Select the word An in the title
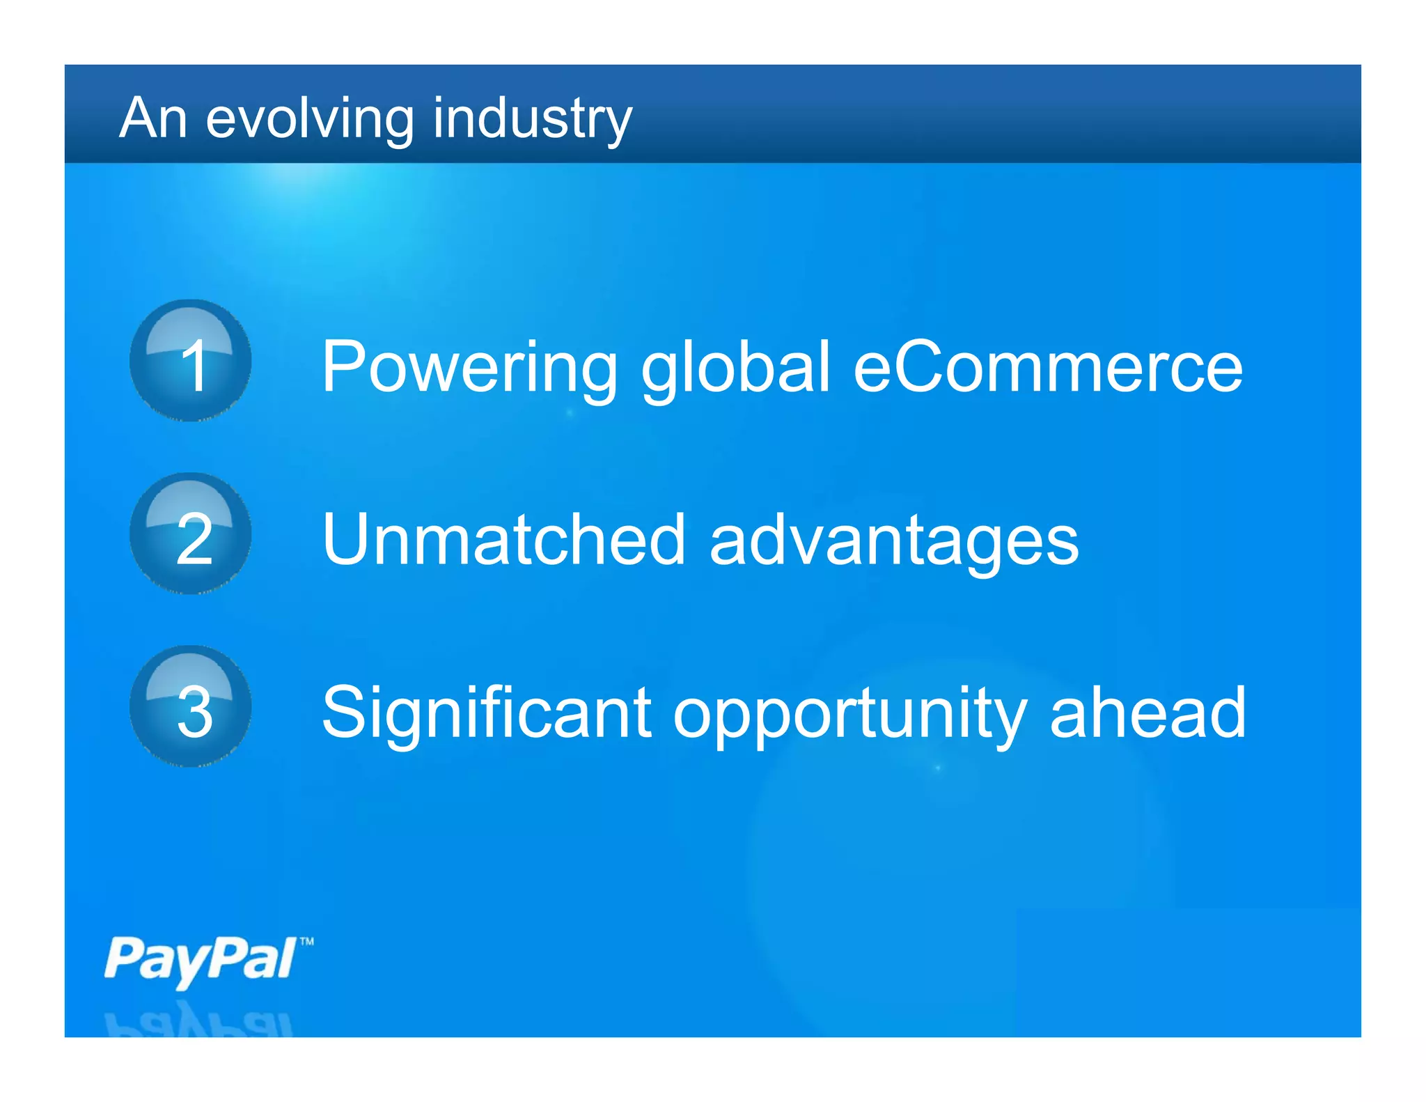point(153,118)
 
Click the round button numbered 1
point(191,361)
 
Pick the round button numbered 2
point(191,534)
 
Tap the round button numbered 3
point(191,706)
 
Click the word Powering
point(469,368)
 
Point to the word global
point(735,368)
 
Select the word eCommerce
point(1047,366)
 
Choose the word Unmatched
point(504,539)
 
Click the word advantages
point(894,541)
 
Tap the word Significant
point(486,712)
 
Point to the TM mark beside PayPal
point(307,942)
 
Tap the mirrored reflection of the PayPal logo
point(199,1021)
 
